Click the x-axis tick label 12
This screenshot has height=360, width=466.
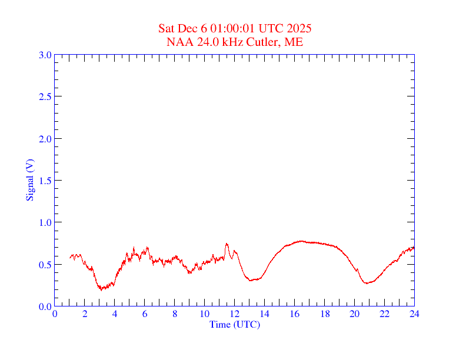[x=235, y=314]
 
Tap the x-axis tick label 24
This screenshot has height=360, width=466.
[x=414, y=314]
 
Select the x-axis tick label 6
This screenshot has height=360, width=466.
[x=145, y=314]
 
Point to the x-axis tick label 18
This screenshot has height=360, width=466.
[x=325, y=314]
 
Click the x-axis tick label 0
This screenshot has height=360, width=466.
[x=55, y=314]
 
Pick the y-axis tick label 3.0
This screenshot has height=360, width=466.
[x=45, y=55]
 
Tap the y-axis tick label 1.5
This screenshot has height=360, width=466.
[x=45, y=181]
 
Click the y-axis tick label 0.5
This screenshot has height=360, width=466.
[x=45, y=265]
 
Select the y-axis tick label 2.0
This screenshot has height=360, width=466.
[x=45, y=139]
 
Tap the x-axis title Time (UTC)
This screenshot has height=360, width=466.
[x=235, y=324]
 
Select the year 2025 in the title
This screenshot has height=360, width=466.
[x=299, y=29]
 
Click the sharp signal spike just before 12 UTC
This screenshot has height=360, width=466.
[x=227, y=244]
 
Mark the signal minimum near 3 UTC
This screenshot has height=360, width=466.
[x=101, y=289]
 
